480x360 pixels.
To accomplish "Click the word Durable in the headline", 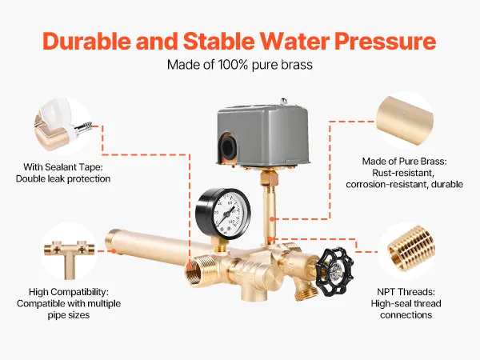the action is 86,41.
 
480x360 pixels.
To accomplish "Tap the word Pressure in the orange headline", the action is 386,41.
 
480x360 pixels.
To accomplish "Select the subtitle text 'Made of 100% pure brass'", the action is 240,65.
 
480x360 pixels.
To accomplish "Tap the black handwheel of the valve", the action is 334,270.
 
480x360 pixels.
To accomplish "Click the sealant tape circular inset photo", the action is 62,126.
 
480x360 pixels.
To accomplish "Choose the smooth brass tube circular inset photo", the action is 405,120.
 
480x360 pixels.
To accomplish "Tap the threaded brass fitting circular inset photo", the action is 406,251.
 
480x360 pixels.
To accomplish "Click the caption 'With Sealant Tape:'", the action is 62,167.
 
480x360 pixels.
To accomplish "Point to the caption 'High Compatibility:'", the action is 69,292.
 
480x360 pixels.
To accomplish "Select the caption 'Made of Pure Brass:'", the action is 404,162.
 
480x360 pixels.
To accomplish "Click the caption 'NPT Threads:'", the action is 406,292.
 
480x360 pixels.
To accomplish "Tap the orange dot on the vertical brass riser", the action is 272,219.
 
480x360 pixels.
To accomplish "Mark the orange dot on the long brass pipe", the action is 114,251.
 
